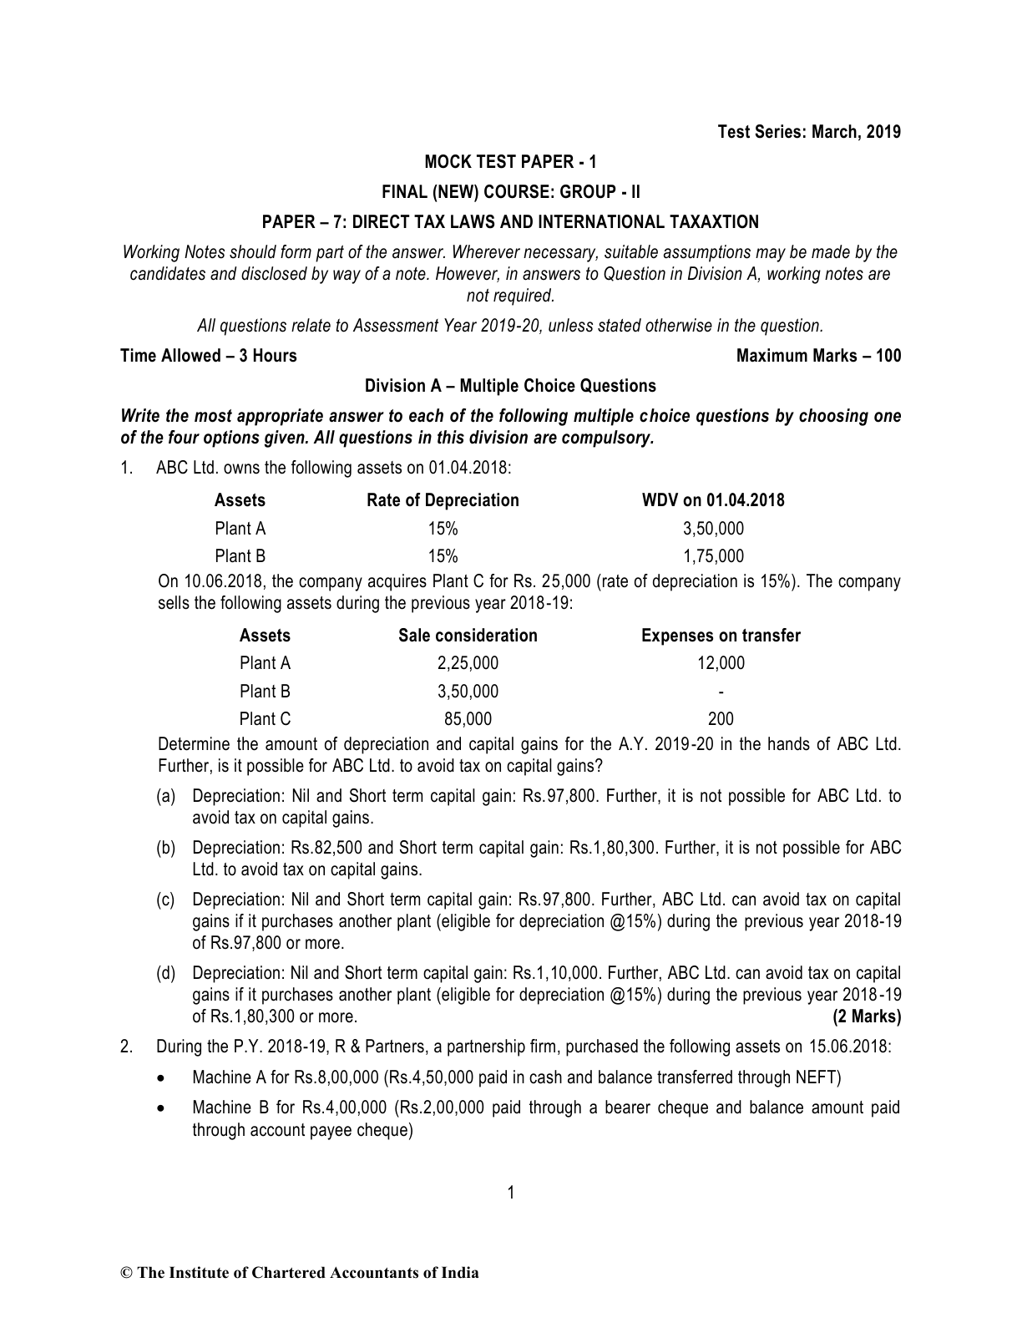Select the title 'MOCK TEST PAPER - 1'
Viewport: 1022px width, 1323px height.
510,162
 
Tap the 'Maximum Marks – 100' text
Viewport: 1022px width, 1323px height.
818,356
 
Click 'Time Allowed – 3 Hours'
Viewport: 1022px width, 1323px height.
209,356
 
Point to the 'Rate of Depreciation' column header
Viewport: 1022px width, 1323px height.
443,500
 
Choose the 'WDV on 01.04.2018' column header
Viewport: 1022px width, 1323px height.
713,500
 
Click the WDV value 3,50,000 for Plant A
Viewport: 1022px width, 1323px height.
713,529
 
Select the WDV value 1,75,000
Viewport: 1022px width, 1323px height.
713,556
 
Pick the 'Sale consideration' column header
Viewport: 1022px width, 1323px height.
468,636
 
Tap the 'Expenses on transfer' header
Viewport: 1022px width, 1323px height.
721,636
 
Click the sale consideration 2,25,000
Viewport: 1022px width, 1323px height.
468,663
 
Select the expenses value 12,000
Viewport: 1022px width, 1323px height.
721,663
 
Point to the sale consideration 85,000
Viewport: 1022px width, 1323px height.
468,718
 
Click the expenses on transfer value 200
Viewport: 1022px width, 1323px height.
721,718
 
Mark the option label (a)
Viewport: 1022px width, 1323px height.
166,797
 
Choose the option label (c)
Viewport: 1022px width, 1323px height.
166,900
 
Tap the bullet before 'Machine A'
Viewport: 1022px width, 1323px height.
162,1078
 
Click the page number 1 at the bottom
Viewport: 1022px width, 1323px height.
511,1193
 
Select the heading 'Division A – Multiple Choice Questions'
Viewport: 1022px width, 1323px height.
510,386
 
